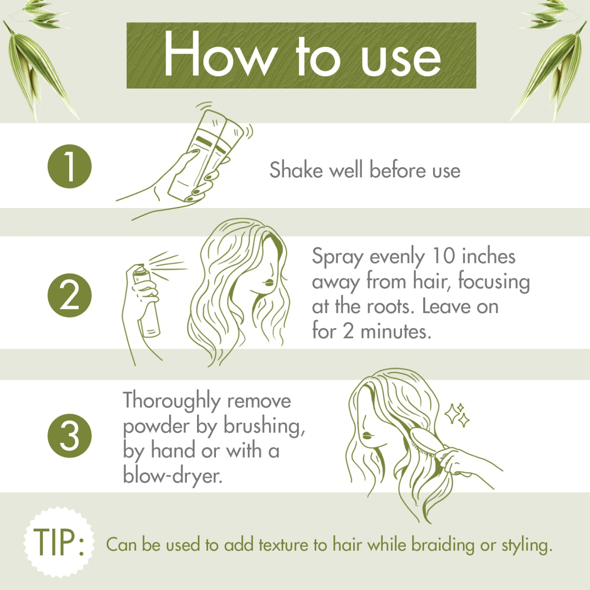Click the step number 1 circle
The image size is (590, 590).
[70, 166]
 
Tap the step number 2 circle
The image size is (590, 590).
[70, 295]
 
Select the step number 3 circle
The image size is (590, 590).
[70, 436]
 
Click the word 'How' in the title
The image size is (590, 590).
[219, 55]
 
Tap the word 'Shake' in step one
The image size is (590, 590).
[296, 170]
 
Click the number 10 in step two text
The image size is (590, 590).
[444, 256]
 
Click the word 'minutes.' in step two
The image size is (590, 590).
[396, 331]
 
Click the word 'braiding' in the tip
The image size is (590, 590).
[442, 545]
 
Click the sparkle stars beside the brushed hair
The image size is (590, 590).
[458, 415]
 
